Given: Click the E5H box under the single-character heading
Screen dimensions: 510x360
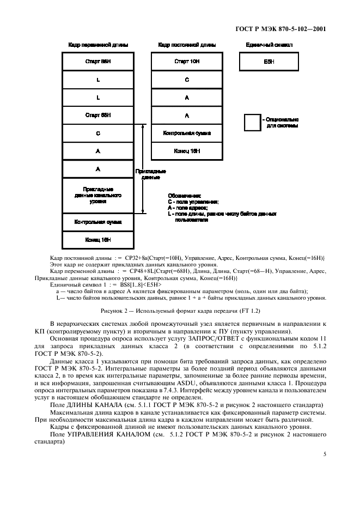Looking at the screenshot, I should coord(269,62).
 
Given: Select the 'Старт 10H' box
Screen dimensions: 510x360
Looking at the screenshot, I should coord(186,62).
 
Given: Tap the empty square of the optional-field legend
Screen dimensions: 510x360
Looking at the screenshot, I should coord(252,123).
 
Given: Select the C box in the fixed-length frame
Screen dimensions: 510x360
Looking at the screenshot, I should coord(186,80).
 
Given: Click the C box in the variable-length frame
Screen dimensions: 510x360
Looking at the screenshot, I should coord(98,133).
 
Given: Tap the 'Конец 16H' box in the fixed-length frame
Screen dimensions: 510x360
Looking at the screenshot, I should coord(186,151).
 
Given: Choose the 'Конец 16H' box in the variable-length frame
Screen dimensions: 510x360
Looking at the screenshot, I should coord(98,240).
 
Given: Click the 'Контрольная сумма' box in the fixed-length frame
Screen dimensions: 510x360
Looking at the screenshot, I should coord(186,133).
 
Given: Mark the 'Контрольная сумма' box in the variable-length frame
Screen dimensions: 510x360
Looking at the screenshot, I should coord(98,222).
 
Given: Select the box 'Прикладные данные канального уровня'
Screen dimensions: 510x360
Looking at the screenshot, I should coord(98,195).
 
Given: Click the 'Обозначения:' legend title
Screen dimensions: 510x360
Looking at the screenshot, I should coord(184,196).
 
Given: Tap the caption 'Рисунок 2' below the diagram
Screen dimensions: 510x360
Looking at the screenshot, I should coord(180,311).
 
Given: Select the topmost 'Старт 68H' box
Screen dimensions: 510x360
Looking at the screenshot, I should coord(98,62).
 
